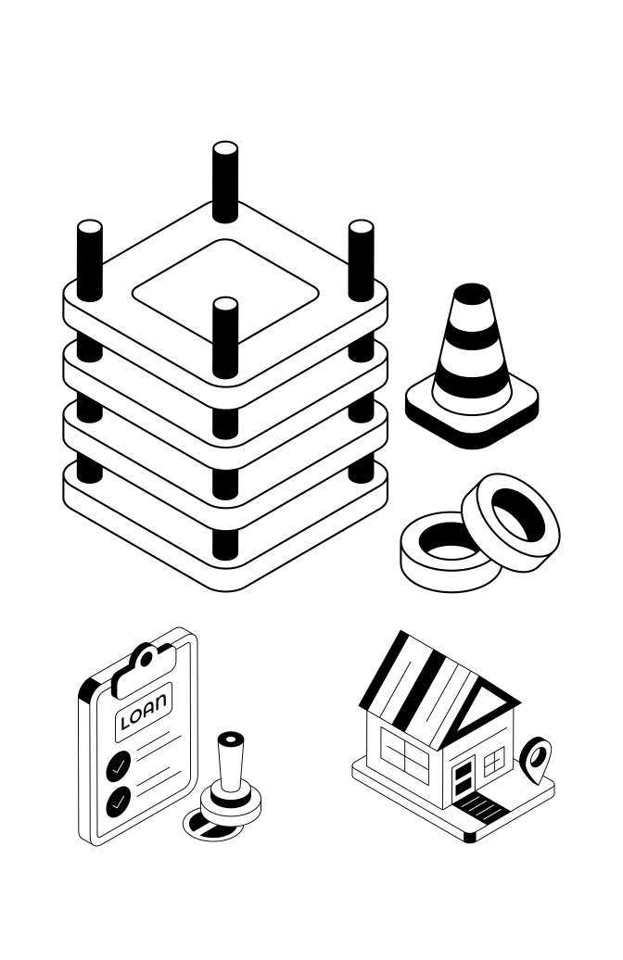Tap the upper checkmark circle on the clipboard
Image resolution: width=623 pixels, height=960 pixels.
pos(118,765)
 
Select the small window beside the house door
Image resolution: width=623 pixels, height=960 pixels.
pos(494,762)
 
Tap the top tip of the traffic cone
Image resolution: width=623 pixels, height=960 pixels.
pos(472,292)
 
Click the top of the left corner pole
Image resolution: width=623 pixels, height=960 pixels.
pos(89,229)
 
